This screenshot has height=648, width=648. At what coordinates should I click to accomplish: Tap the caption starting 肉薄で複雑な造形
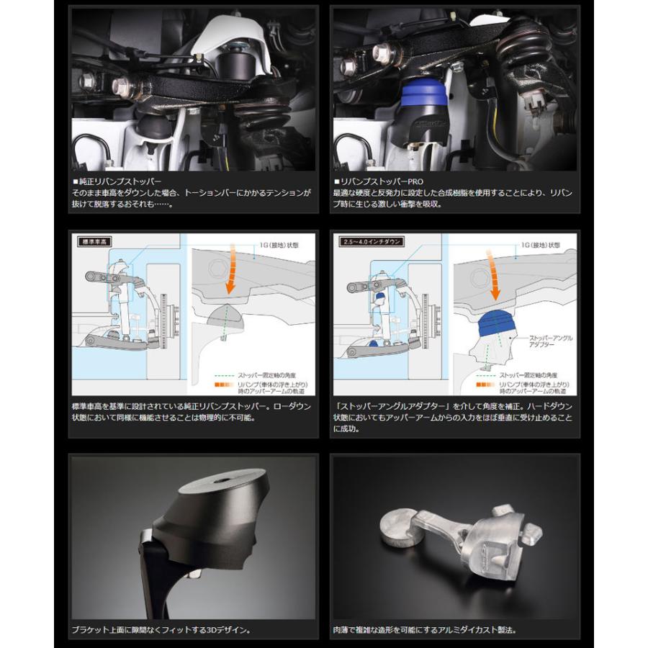425,630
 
